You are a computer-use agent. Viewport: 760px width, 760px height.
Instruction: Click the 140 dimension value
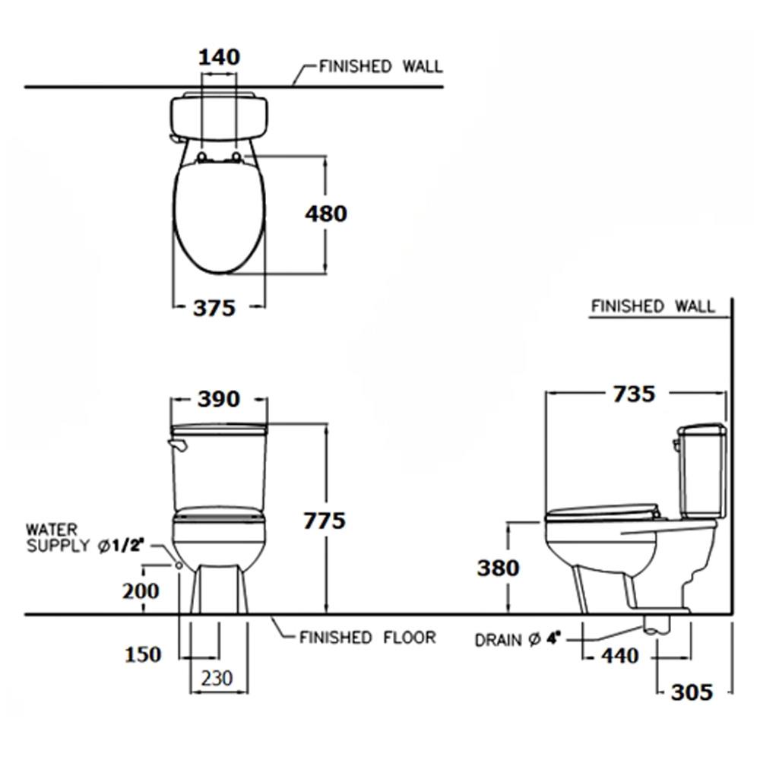point(219,57)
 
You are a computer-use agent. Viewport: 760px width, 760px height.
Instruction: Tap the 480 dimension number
point(326,214)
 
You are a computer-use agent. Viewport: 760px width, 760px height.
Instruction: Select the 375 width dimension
point(214,308)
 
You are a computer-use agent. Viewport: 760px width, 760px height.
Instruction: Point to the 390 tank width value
point(219,399)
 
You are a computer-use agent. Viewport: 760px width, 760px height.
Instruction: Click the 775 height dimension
point(325,521)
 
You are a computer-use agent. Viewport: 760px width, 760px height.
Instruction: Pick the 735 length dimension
point(634,394)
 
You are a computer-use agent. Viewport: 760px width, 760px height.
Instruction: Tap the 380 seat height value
point(499,568)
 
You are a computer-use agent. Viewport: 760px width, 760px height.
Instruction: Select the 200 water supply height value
point(141,591)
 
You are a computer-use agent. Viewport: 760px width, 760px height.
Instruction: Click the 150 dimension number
point(143,654)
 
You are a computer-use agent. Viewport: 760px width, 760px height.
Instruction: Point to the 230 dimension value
point(217,678)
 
